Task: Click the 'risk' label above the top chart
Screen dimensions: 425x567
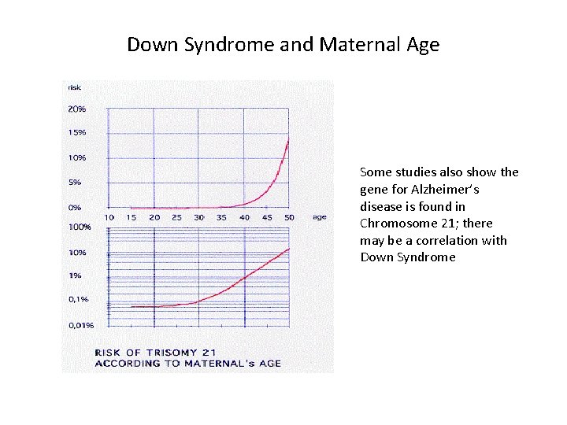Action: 75,87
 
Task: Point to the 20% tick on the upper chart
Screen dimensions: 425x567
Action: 76,109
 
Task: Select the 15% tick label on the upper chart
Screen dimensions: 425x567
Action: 76,132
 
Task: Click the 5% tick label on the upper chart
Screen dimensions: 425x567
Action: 74,182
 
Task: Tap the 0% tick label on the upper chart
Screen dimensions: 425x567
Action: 74,207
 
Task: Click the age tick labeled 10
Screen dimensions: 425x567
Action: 109,217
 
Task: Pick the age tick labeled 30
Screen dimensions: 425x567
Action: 199,217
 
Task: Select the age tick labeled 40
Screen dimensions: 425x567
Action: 244,217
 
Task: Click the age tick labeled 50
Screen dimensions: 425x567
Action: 289,217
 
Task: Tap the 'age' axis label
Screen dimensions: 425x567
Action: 319,217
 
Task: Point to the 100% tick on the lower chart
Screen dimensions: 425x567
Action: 79,227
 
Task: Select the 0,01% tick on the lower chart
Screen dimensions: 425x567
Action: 80,324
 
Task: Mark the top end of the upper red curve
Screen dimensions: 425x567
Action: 288,139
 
